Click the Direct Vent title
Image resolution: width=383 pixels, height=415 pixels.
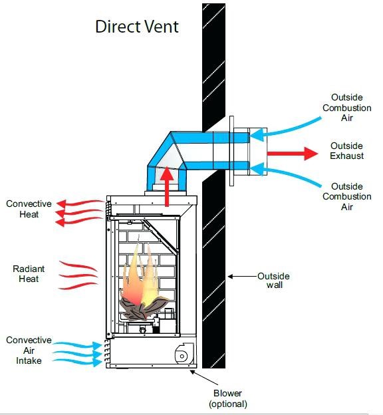click(x=137, y=27)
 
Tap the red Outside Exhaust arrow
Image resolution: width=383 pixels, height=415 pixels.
click(x=293, y=154)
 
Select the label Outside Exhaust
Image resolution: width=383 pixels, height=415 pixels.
click(x=346, y=150)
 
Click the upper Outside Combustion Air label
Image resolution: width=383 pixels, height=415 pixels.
click(x=346, y=108)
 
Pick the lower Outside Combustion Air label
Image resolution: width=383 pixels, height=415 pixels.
click(x=346, y=196)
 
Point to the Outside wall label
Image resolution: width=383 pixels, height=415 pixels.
click(x=274, y=280)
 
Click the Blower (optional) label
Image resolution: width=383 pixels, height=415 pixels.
click(x=228, y=398)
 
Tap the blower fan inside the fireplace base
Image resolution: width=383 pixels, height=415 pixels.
click(x=184, y=353)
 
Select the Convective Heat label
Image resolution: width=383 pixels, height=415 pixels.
click(x=29, y=209)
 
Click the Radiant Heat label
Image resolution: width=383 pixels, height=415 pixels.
click(x=29, y=273)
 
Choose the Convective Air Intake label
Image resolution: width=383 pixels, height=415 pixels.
click(x=29, y=350)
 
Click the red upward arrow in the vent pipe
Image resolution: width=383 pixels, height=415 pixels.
click(x=167, y=186)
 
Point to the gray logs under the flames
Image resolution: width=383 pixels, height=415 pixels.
click(x=143, y=308)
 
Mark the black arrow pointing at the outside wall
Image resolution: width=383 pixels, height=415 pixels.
click(x=243, y=277)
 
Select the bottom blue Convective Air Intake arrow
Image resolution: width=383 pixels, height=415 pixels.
click(x=77, y=362)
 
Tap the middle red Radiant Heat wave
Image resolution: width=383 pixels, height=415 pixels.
click(x=78, y=276)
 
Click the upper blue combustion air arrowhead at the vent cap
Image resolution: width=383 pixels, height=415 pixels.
click(x=257, y=134)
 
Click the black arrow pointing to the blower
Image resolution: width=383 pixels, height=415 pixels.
click(x=204, y=377)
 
